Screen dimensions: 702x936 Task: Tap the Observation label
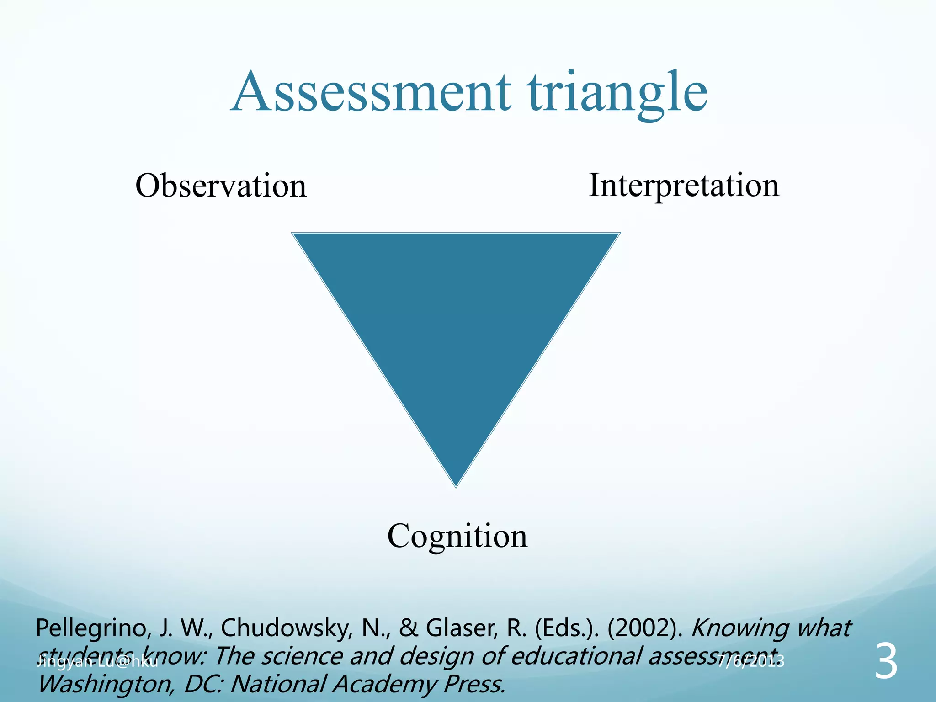pyautogui.click(x=221, y=186)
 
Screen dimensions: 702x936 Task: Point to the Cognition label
pyautogui.click(x=457, y=536)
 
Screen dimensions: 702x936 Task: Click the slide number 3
pyautogui.click(x=886, y=662)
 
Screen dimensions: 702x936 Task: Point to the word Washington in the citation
pyautogui.click(x=105, y=685)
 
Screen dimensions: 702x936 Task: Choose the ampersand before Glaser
pyautogui.click(x=408, y=628)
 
